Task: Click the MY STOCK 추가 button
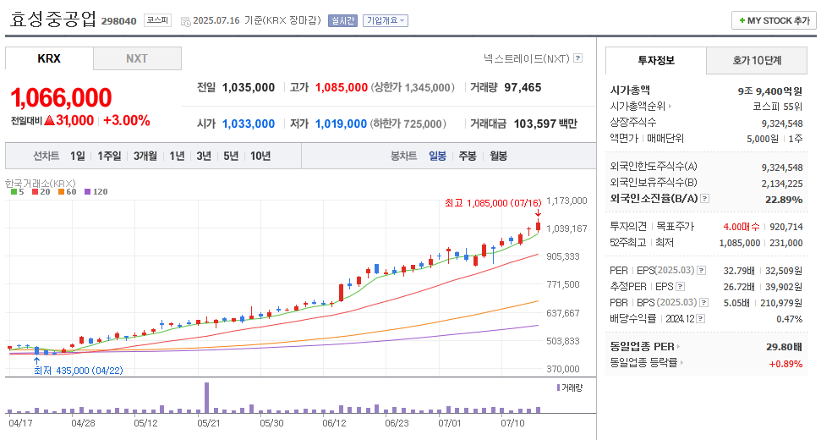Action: (x=774, y=20)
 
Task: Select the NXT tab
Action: (x=137, y=58)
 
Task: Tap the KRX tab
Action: (x=49, y=58)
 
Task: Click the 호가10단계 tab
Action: (x=757, y=60)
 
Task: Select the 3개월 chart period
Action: (x=145, y=156)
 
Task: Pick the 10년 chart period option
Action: (x=260, y=156)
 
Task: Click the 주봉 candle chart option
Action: (x=468, y=156)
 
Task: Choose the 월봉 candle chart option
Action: (x=498, y=156)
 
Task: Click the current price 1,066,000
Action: (x=62, y=96)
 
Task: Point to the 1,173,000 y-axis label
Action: (x=566, y=201)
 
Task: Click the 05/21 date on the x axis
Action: (x=208, y=421)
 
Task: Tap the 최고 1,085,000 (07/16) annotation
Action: (x=493, y=203)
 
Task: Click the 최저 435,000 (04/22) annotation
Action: (x=79, y=371)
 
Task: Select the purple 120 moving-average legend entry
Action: (x=95, y=192)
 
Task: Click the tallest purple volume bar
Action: (x=206, y=398)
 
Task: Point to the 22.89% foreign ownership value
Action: (x=783, y=200)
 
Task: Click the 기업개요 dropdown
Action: (x=386, y=20)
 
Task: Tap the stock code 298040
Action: (x=118, y=20)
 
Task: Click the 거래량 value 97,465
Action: (x=523, y=87)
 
